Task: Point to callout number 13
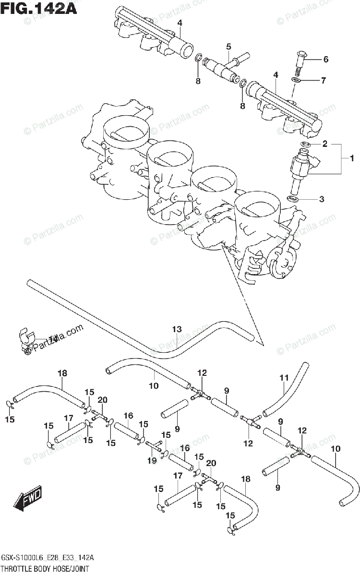(x=177, y=329)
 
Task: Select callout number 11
(x=283, y=378)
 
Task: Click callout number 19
(x=152, y=461)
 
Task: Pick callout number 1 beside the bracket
(x=351, y=158)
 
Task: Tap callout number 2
(x=324, y=144)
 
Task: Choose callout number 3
(x=322, y=198)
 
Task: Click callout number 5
(x=228, y=47)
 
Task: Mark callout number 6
(x=325, y=60)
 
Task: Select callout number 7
(x=323, y=81)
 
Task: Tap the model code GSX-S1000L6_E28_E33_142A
(x=48, y=558)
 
